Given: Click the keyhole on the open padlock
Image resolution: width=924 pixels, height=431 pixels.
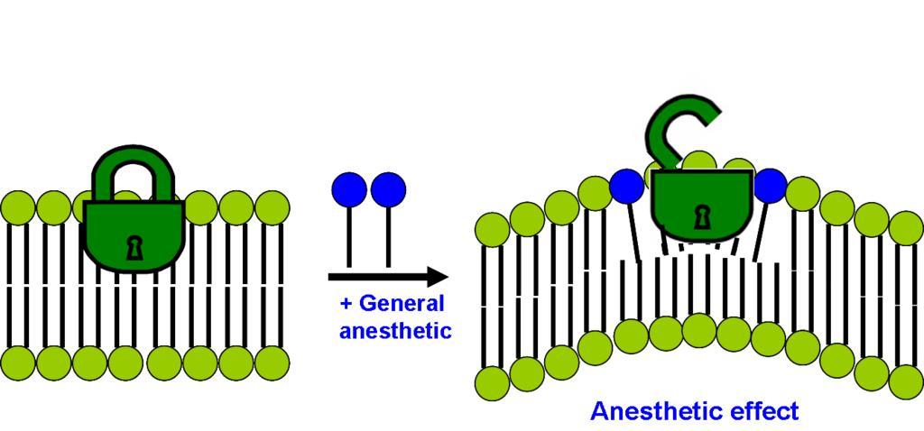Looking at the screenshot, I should pyautogui.click(x=700, y=217).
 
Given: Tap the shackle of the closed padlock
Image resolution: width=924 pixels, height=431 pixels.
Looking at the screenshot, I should pyautogui.click(x=134, y=170).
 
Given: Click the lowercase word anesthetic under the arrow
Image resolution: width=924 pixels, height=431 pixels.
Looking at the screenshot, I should pyautogui.click(x=394, y=330).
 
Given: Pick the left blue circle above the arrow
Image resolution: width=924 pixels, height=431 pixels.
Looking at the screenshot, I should pyautogui.click(x=349, y=189).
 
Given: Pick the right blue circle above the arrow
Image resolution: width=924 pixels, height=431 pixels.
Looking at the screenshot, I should pyautogui.click(x=388, y=189).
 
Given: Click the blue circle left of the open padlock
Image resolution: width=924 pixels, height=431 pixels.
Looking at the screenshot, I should pyautogui.click(x=626, y=186).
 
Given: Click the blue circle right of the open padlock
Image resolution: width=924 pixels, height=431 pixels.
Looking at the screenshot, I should pyautogui.click(x=769, y=185).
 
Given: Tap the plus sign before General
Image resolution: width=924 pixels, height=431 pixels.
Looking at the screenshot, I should pyautogui.click(x=346, y=304).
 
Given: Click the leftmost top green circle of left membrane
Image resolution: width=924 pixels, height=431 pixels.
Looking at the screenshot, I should pyautogui.click(x=16, y=207).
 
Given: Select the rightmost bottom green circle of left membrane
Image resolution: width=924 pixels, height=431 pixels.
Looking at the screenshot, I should pyautogui.click(x=272, y=363).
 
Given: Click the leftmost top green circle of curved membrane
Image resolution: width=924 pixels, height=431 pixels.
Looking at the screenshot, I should pyautogui.click(x=493, y=229).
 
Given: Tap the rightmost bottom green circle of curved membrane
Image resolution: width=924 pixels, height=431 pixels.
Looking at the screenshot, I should pyautogui.click(x=905, y=381).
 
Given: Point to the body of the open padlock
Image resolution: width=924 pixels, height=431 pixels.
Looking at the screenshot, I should pyautogui.click(x=700, y=203).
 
